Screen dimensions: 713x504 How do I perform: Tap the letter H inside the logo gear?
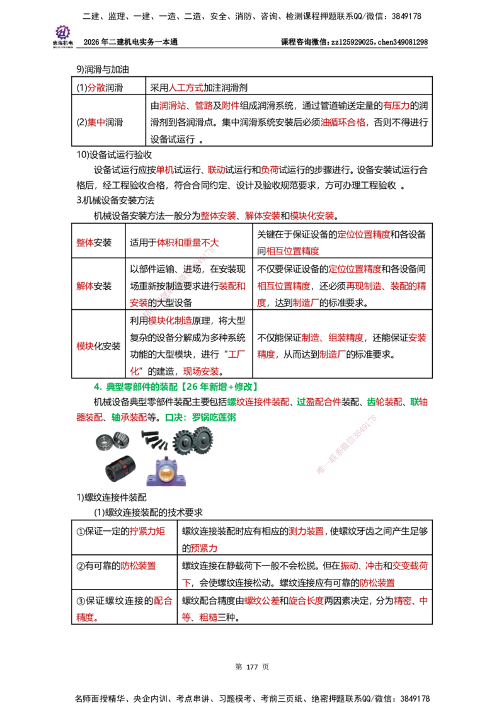coord(62,32)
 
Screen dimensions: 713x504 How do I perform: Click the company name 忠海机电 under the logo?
coord(62,43)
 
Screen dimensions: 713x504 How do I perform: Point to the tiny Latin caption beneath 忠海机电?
coord(62,47)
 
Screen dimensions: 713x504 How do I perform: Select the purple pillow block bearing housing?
coord(168,474)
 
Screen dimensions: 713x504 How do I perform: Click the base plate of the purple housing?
coord(168,485)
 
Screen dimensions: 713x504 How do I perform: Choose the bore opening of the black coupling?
coord(109,472)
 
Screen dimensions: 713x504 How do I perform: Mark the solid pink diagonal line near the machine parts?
coord(346,444)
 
